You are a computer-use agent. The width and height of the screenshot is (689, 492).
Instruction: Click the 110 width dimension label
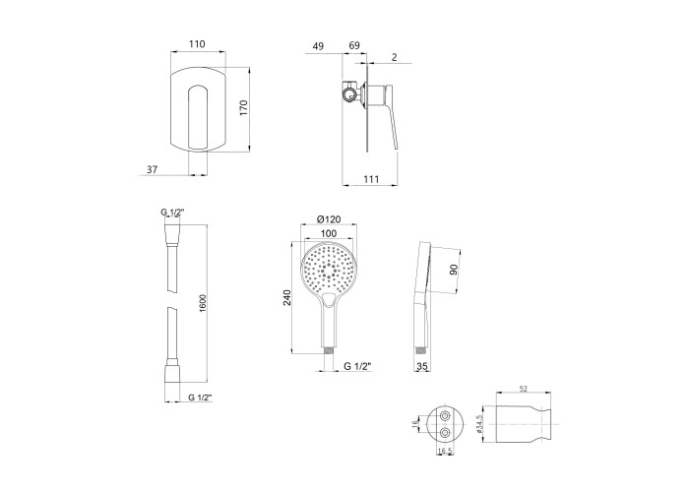pos(197,44)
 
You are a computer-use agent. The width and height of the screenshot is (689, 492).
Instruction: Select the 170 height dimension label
pos(244,108)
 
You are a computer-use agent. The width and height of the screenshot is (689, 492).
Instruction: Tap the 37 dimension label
pos(152,169)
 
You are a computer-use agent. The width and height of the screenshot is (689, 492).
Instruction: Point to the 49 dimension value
pos(318,46)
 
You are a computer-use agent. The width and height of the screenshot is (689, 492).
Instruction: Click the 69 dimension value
pos(354,45)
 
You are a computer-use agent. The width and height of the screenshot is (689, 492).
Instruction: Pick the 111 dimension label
pos(371,179)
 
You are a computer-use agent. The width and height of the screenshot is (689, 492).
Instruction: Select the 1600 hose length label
pos(203,303)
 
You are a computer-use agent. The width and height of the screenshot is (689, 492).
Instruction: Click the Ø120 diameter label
pos(329,219)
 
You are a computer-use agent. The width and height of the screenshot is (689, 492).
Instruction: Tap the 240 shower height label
pos(287,297)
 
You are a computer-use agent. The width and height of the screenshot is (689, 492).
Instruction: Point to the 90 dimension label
pos(454,270)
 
